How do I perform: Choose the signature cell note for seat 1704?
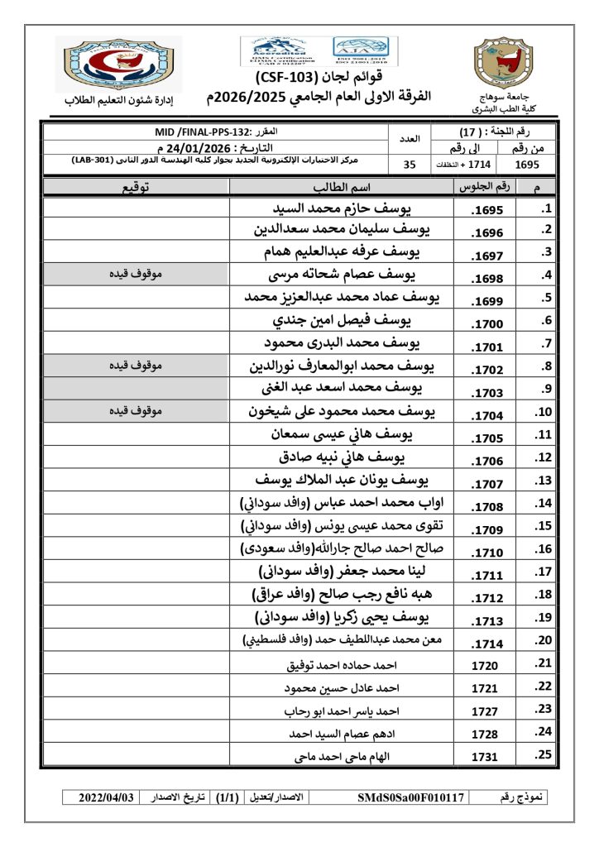(x=134, y=410)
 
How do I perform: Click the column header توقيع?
(x=136, y=188)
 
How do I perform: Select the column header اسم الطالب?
(x=342, y=188)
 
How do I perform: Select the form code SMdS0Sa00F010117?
(x=412, y=797)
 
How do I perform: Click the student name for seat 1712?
(x=343, y=595)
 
